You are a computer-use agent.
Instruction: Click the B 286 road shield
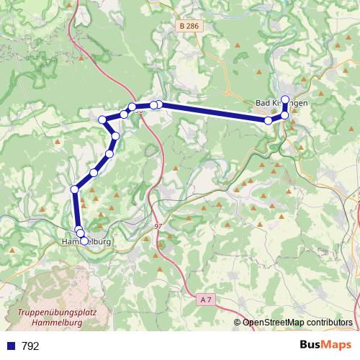(x=187, y=25)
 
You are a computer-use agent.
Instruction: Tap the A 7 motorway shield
(x=207, y=299)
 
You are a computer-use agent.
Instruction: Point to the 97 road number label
(x=158, y=226)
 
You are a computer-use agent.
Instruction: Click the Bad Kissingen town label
(x=282, y=103)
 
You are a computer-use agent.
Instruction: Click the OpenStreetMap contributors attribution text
(x=297, y=323)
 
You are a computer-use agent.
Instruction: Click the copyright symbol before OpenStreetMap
(x=238, y=323)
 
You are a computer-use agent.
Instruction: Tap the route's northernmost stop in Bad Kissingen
(x=285, y=99)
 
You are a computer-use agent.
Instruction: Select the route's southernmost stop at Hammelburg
(x=84, y=241)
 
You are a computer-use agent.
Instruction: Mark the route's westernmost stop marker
(x=74, y=189)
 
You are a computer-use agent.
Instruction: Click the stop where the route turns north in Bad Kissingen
(x=284, y=115)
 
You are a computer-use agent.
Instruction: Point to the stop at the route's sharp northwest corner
(x=102, y=119)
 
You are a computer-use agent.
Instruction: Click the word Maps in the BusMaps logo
(x=337, y=346)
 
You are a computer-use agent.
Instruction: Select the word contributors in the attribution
(x=329, y=323)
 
